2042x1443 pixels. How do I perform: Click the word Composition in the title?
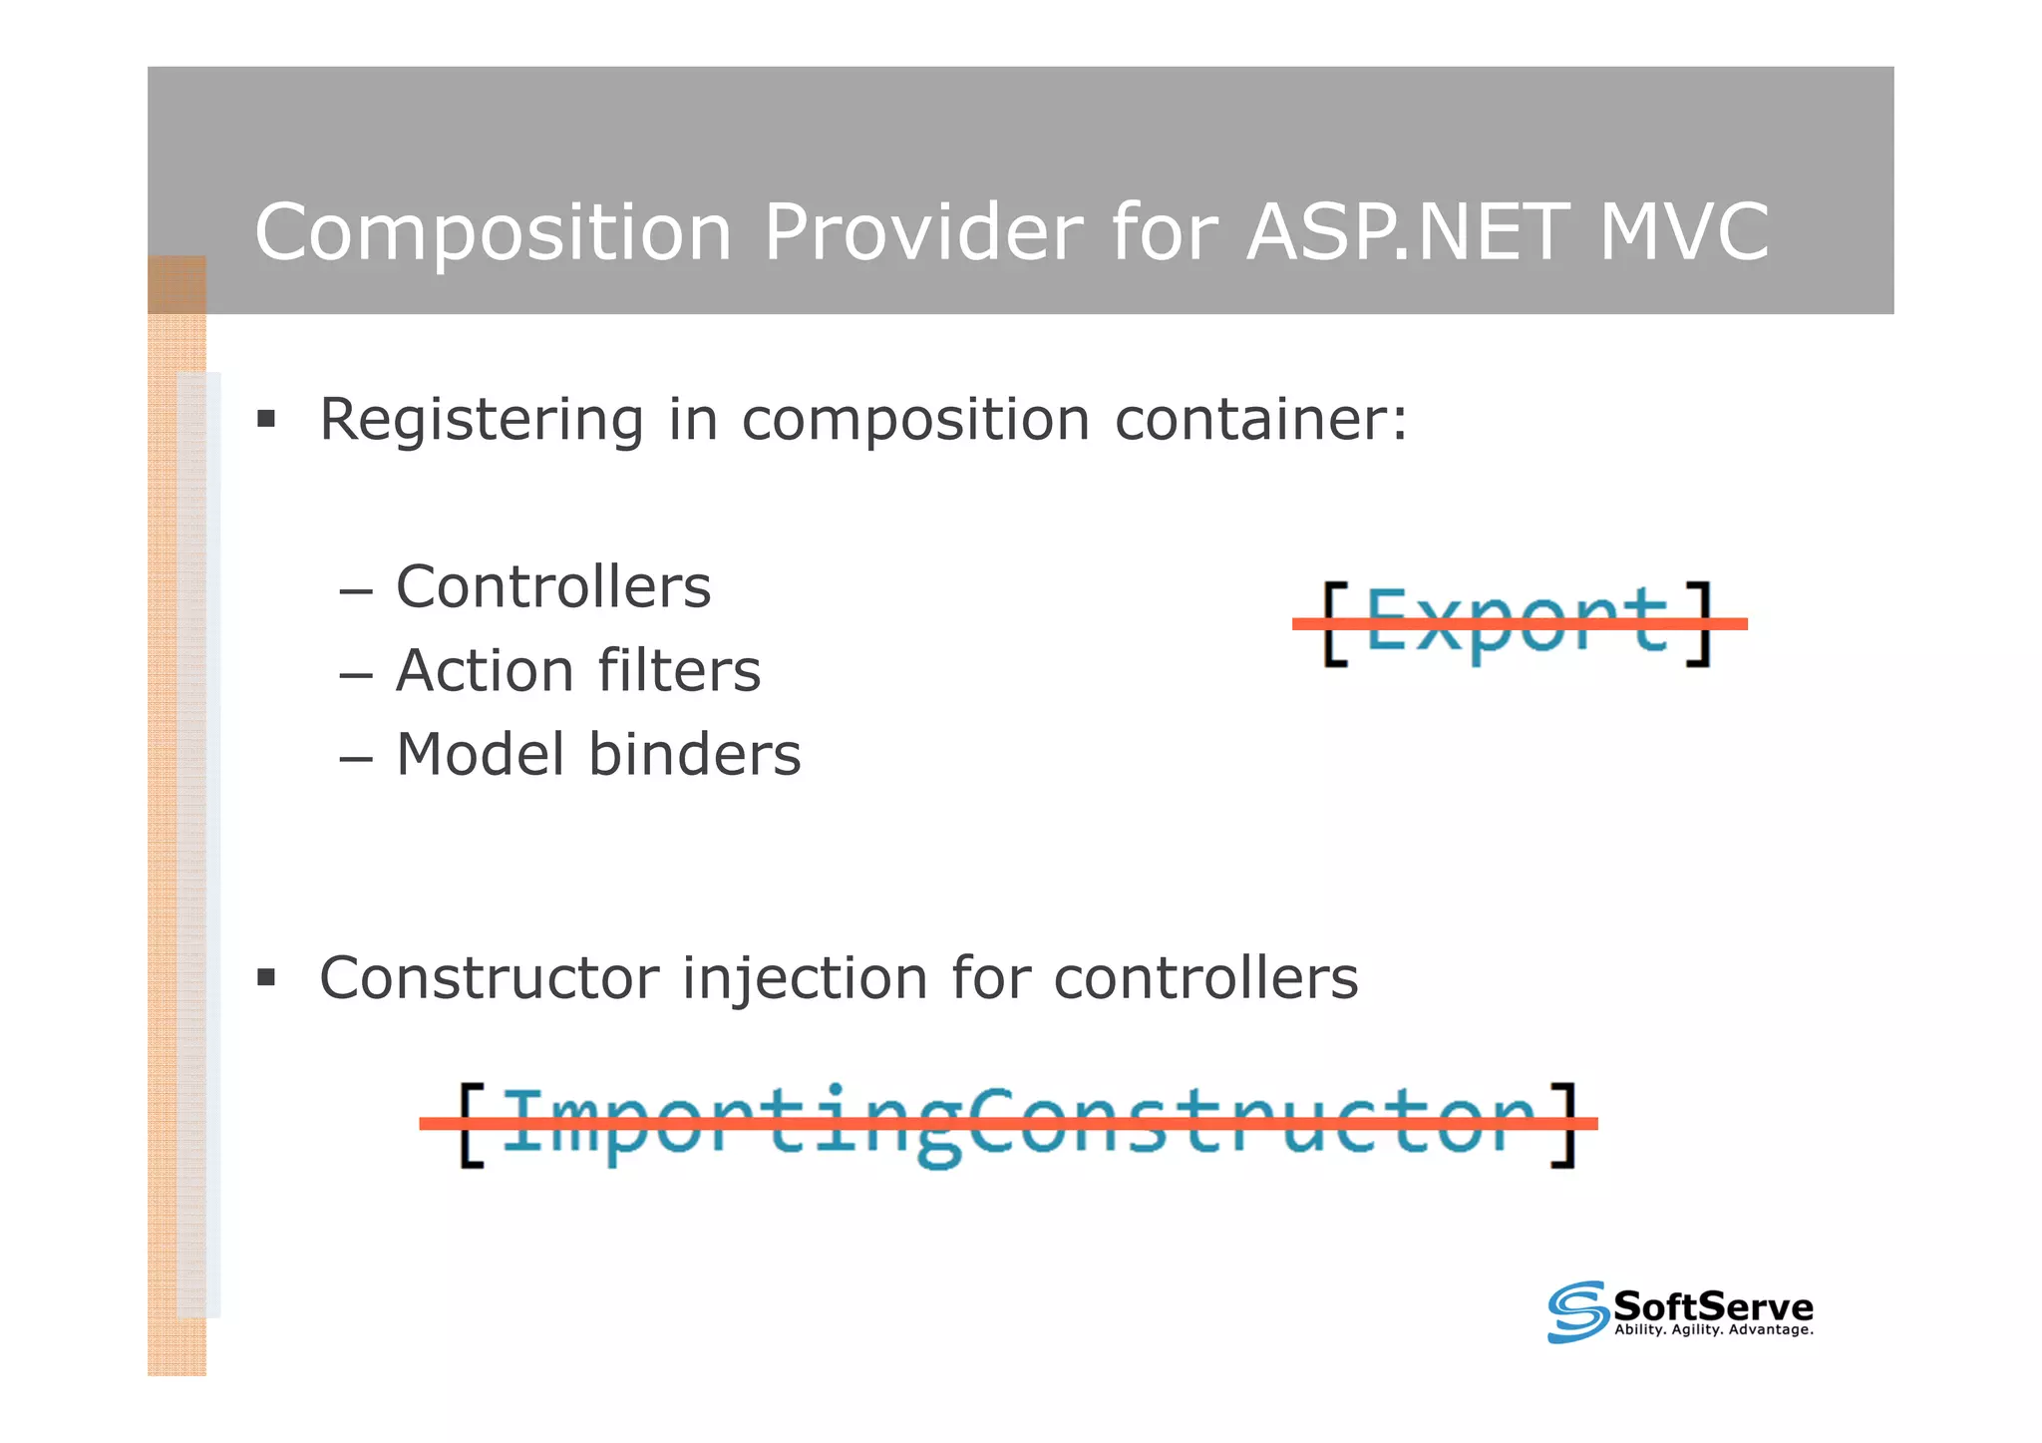click(494, 233)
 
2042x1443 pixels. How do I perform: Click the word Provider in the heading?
click(922, 233)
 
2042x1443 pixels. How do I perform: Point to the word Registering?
click(481, 421)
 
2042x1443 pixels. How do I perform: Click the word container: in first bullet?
click(1261, 419)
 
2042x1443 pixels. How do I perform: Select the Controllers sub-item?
click(552, 586)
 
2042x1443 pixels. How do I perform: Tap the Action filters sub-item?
click(577, 670)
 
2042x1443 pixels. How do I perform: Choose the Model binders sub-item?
click(597, 754)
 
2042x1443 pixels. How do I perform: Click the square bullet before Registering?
click(266, 418)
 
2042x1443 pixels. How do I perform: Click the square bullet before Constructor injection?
click(266, 976)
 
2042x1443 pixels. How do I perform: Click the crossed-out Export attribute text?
click(1515, 622)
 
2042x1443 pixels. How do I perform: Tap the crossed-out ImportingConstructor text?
click(1017, 1123)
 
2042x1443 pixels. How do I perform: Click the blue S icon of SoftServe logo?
click(1576, 1311)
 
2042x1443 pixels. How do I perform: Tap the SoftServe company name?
click(1712, 1305)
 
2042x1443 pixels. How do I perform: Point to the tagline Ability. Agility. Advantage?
click(1713, 1330)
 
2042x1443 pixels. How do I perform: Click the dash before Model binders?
click(355, 757)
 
